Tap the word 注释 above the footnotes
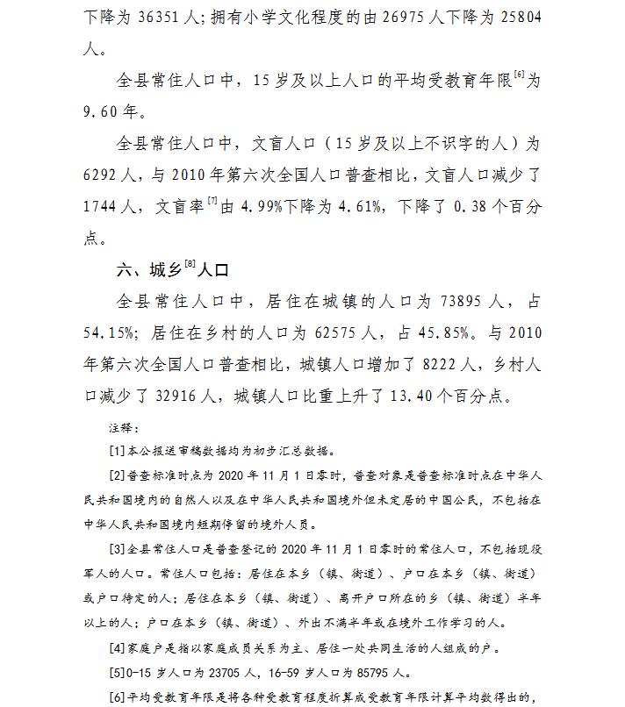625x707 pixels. pyautogui.click(x=121, y=428)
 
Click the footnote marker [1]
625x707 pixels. pyautogui.click(x=116, y=451)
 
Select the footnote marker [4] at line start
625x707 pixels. pyautogui.click(x=116, y=649)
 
